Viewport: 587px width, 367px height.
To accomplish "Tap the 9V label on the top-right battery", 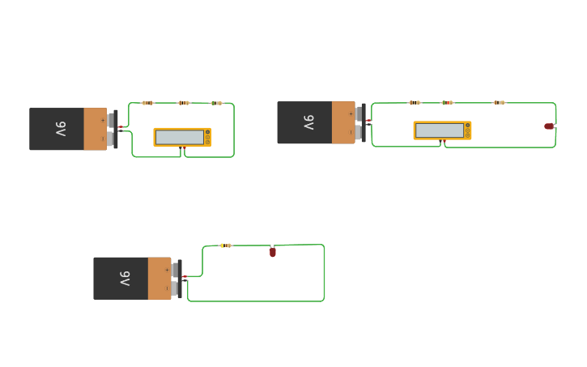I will [308, 122].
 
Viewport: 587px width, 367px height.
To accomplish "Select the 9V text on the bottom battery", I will [125, 278].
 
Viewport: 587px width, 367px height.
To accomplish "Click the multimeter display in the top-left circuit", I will [179, 137].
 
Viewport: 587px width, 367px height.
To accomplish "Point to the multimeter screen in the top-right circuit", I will [439, 130].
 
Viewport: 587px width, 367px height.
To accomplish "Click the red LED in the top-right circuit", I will [549, 126].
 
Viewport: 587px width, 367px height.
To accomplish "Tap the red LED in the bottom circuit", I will [273, 252].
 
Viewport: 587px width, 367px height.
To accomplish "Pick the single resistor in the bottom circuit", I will [226, 245].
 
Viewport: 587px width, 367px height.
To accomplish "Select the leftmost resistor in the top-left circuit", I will [147, 103].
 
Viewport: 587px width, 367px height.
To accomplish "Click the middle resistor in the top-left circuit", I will [184, 103].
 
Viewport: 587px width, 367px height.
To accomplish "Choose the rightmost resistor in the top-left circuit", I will [216, 103].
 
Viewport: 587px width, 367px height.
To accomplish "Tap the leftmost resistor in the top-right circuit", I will [415, 102].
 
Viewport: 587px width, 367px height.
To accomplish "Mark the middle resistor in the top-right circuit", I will [448, 102].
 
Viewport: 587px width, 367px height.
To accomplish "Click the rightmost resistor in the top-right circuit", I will [500, 102].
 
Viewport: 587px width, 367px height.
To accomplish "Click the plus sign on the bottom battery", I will [167, 270].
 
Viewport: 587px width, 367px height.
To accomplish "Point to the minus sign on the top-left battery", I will [103, 139].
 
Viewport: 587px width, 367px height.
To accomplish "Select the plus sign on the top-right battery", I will [351, 113].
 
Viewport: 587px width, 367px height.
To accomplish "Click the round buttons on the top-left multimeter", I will [208, 137].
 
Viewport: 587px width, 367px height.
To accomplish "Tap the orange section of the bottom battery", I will [160, 278].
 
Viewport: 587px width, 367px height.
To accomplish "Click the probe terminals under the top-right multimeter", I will [443, 142].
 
